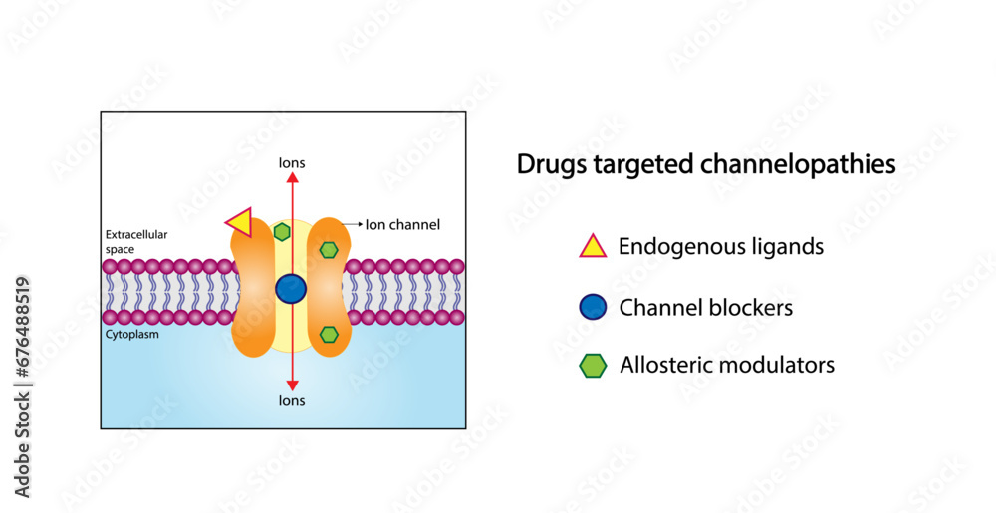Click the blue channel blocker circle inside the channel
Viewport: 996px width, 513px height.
coord(291,289)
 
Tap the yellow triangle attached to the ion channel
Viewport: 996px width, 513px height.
coord(239,220)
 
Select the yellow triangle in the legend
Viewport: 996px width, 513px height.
coord(593,245)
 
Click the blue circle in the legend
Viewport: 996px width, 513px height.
coord(593,307)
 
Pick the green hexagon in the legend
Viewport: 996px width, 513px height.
coord(593,366)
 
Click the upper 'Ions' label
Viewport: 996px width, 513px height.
coord(292,162)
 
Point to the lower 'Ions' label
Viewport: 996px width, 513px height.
coord(292,400)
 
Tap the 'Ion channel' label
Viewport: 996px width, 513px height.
coord(402,225)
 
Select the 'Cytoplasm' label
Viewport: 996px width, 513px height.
coord(131,335)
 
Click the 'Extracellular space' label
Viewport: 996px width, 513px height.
coord(136,240)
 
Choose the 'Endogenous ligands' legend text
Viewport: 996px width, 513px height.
coord(721,246)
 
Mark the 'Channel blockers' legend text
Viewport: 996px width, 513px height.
coord(706,308)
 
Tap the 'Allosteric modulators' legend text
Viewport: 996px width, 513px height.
coord(727,366)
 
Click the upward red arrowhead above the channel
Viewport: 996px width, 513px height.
coord(292,177)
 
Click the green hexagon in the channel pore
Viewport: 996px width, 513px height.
coord(282,232)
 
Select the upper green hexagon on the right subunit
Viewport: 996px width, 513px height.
coord(329,249)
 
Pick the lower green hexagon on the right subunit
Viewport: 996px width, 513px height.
coord(329,335)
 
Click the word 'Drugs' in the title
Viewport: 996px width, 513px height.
coord(547,165)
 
